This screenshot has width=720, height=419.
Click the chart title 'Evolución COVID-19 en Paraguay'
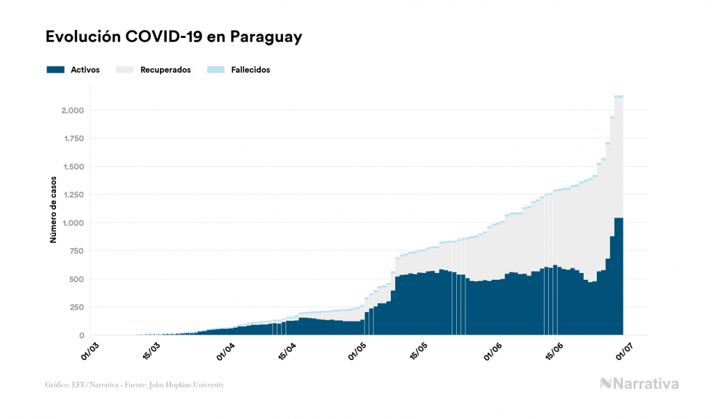(174, 37)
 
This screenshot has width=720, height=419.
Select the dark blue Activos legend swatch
(55, 70)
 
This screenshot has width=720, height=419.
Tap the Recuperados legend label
(166, 70)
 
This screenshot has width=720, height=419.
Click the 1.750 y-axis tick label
(72, 139)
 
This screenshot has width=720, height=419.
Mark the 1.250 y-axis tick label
(72, 195)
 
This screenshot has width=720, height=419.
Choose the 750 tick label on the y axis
(77, 251)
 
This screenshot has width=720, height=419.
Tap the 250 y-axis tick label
(77, 307)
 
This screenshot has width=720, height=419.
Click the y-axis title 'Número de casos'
(54, 209)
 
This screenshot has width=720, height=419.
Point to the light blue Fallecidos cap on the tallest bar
(619, 96)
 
